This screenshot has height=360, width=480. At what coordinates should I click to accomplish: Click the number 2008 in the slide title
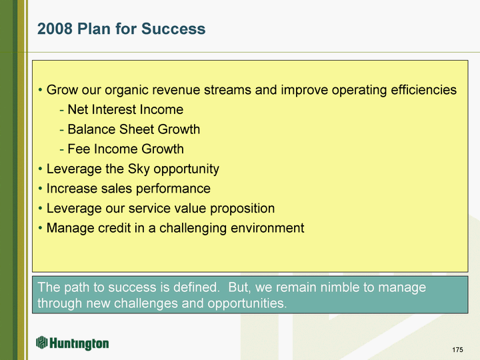[55, 29]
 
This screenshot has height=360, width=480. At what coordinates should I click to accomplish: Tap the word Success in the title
[173, 29]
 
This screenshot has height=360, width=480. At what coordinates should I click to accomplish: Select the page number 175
[457, 349]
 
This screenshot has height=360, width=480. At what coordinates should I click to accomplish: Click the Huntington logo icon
[42, 342]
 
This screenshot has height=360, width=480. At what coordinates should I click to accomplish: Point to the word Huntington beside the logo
[79, 343]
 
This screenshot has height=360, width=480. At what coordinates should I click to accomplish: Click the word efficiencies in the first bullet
[424, 90]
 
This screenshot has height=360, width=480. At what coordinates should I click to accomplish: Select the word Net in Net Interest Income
[76, 109]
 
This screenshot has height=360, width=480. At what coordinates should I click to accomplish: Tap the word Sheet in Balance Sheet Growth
[137, 129]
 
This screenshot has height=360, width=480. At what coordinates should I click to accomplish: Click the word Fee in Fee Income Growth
[79, 149]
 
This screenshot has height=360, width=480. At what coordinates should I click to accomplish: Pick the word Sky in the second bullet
[139, 169]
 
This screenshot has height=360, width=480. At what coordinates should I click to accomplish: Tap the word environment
[267, 228]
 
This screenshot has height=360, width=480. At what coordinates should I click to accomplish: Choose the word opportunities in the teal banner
[247, 304]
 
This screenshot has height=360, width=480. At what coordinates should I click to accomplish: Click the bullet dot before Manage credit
[41, 229]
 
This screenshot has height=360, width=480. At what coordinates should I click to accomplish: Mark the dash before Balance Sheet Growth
[62, 130]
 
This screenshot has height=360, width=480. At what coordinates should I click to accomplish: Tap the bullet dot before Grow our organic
[41, 90]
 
